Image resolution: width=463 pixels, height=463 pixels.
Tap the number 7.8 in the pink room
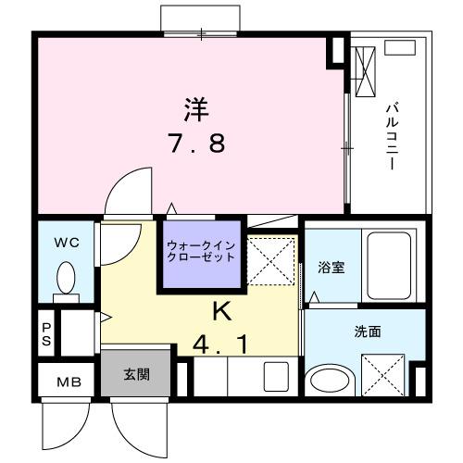point(195,146)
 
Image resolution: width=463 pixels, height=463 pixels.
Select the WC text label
point(65,244)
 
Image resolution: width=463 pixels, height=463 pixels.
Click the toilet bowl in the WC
point(67,277)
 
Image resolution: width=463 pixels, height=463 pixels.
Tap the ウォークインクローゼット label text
point(201,251)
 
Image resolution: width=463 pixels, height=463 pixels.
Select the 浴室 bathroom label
point(331,268)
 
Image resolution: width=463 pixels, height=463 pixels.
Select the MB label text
point(69,382)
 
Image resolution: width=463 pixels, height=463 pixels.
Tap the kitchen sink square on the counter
point(276,376)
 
